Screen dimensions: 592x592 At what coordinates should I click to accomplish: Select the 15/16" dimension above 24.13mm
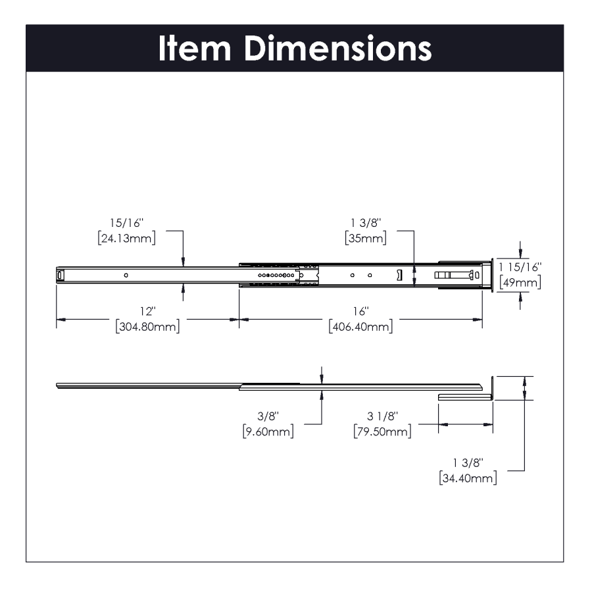click(x=126, y=224)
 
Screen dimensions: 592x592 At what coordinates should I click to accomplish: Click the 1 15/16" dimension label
click(x=520, y=268)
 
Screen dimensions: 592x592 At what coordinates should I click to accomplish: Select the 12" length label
click(x=147, y=311)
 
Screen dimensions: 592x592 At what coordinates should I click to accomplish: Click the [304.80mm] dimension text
click(x=147, y=326)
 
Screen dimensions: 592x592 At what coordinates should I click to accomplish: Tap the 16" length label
click(x=360, y=311)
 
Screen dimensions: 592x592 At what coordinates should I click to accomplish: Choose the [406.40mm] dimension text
click(x=360, y=326)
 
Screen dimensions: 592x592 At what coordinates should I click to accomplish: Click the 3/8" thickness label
click(x=268, y=416)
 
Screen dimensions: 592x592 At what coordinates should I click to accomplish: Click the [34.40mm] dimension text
click(x=468, y=478)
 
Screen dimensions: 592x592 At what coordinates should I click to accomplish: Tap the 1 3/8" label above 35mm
click(x=365, y=224)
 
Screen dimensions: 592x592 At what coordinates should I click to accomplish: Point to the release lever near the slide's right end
click(x=455, y=275)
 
